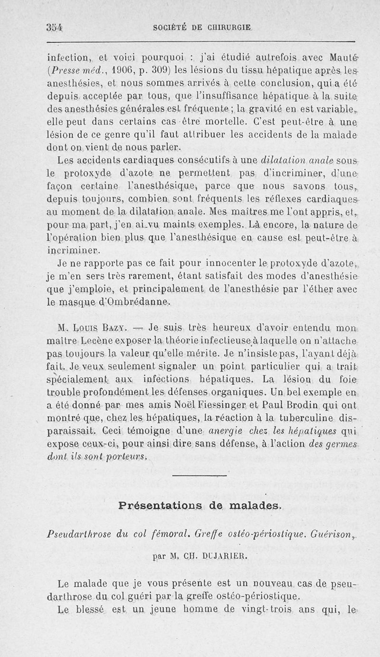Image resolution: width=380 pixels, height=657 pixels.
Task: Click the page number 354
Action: pos(55,27)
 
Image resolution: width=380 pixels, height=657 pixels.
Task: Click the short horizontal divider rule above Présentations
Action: pos(199,475)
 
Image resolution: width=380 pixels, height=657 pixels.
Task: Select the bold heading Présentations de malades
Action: pos(200,506)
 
